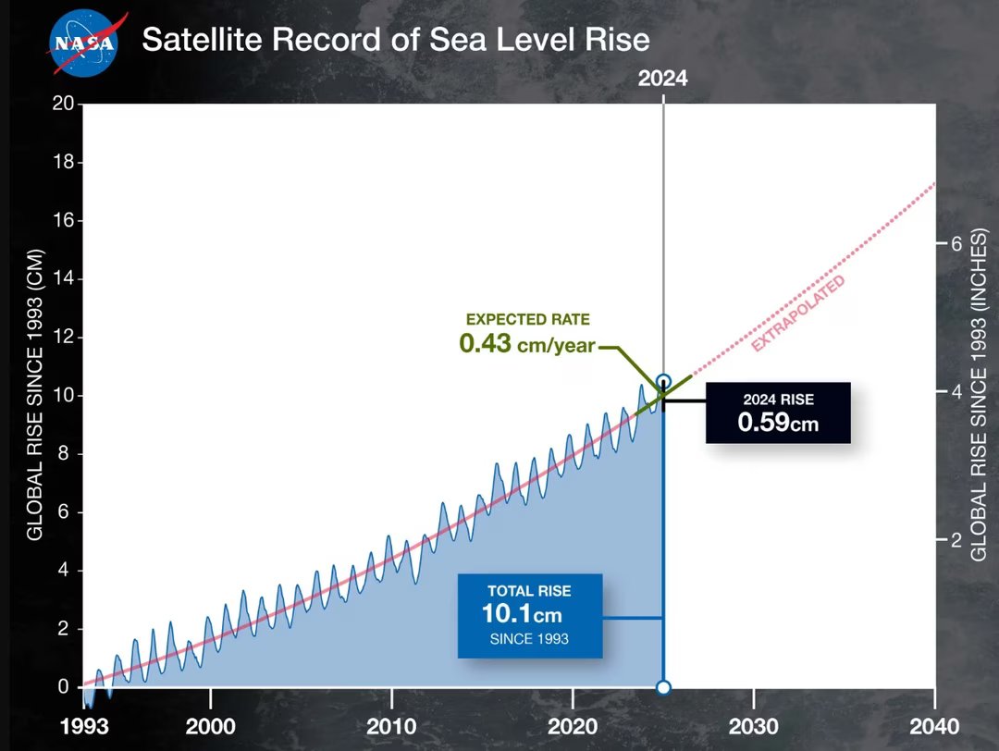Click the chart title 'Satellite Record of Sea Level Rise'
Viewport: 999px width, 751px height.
click(x=395, y=40)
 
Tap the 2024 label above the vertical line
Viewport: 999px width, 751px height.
click(x=663, y=79)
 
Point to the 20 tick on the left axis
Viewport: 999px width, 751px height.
click(x=63, y=104)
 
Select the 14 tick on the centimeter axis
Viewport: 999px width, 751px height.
click(x=63, y=278)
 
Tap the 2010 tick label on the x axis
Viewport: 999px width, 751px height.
click(x=391, y=725)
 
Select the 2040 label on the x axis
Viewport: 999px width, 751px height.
click(x=934, y=725)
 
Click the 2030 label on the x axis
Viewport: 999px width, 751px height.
click(x=753, y=725)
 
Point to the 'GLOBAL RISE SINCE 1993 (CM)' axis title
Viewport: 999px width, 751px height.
click(x=33, y=395)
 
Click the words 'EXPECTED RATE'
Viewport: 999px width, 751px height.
click(x=527, y=319)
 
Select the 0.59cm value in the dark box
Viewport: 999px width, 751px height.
click(x=778, y=423)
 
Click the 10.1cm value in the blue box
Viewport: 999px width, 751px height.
click(x=522, y=613)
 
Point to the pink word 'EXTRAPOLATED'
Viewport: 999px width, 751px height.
click(x=797, y=314)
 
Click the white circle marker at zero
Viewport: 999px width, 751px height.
click(x=663, y=687)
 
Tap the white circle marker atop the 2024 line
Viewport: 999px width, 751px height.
click(x=663, y=381)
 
